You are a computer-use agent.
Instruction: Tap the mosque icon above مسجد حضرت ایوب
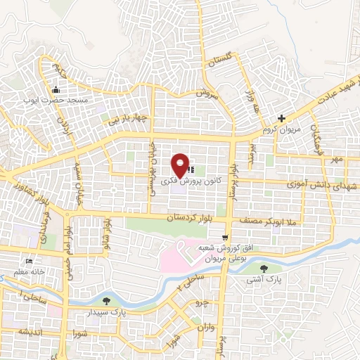coord(56,89)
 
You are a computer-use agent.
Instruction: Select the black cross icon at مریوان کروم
coord(281,118)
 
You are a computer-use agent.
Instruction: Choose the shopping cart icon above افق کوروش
coord(224,238)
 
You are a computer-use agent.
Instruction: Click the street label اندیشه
coord(32,330)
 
